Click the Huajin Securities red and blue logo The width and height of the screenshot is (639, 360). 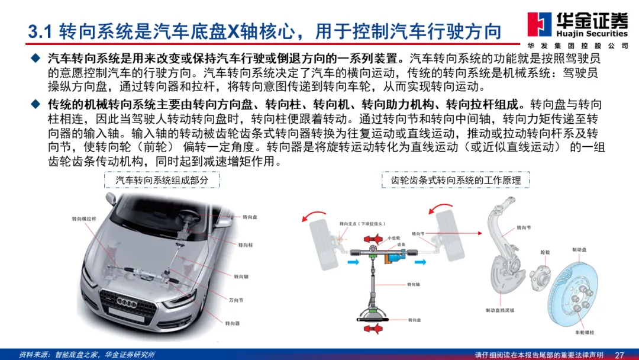(540, 24)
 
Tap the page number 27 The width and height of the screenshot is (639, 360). (619, 355)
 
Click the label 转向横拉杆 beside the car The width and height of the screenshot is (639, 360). (84, 219)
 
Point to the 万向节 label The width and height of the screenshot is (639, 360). (236, 300)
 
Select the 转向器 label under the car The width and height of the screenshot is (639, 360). (233, 324)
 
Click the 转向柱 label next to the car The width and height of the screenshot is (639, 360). (246, 245)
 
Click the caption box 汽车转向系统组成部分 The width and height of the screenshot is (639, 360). (162, 180)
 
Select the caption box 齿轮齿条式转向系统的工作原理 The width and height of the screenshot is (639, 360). (456, 180)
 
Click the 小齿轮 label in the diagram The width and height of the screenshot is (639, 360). (393, 238)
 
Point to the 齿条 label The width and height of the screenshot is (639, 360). (401, 245)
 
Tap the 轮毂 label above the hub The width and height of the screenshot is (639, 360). (545, 253)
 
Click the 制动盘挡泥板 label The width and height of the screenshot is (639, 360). (499, 311)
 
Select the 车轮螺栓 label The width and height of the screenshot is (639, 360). (584, 333)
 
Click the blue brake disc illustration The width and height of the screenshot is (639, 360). (574, 292)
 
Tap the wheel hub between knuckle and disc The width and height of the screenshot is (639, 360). (540, 278)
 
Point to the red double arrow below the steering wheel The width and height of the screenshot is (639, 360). (373, 328)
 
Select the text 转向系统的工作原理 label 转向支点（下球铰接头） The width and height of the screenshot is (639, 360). (362, 224)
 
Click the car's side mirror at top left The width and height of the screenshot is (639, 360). (111, 198)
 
